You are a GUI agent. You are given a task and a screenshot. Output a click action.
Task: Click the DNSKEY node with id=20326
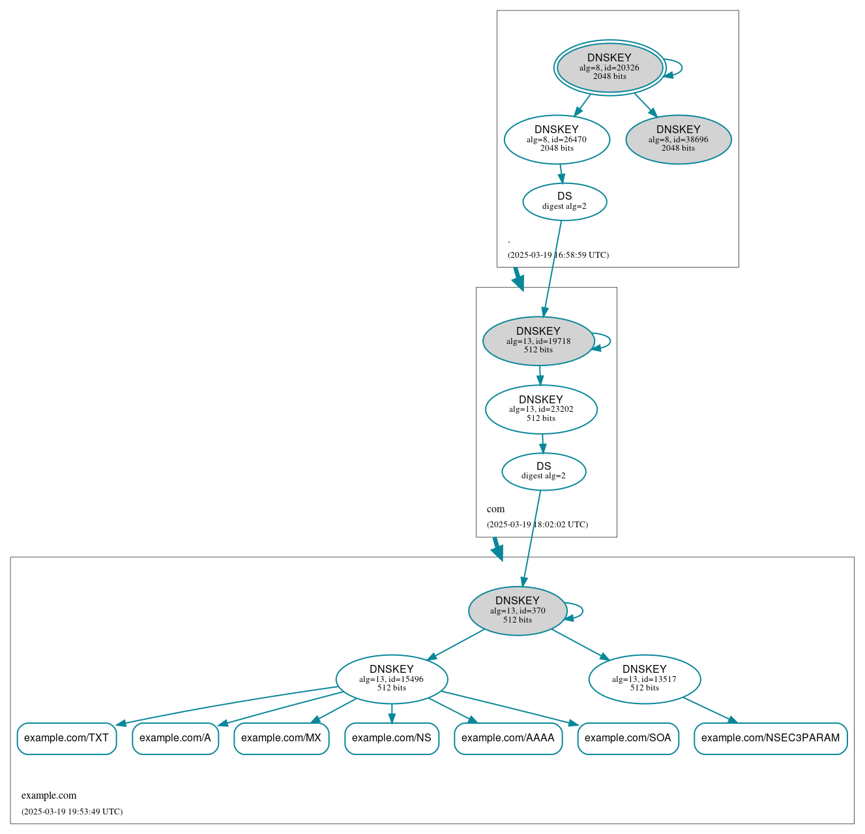coord(609,67)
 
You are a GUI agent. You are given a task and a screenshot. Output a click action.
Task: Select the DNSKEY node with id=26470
coord(557,139)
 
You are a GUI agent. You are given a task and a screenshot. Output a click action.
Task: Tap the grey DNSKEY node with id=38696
coord(678,139)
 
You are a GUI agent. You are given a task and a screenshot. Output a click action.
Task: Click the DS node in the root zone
coord(564,202)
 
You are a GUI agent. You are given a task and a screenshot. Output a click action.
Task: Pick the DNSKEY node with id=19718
coord(538,341)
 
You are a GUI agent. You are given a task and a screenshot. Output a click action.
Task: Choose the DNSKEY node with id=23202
coord(541,409)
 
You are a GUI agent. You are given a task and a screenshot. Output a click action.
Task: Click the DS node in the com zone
coord(544,471)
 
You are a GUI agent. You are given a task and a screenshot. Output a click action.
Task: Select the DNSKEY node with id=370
coord(518,611)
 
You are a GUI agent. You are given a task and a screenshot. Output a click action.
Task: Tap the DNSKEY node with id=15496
coord(392,679)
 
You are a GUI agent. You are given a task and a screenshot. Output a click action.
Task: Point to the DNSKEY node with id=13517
coord(645,679)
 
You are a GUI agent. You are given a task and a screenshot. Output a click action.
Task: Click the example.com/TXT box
coord(66,738)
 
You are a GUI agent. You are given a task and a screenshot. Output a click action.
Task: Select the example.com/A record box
coord(175,738)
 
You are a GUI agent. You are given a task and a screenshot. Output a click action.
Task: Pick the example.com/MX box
coord(281,738)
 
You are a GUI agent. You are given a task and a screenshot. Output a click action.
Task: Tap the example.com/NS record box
coord(392,738)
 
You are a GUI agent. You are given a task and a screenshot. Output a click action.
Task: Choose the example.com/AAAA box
coord(508,738)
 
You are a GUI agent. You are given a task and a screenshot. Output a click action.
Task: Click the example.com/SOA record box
coord(628,738)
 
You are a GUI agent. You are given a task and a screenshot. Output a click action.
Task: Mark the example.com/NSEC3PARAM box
coord(770,738)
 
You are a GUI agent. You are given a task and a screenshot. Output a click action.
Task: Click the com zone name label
coord(495,509)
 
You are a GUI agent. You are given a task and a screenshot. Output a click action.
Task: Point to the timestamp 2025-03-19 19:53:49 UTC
coord(72,812)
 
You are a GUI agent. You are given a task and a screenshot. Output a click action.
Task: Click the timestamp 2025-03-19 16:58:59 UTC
coord(558,255)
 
